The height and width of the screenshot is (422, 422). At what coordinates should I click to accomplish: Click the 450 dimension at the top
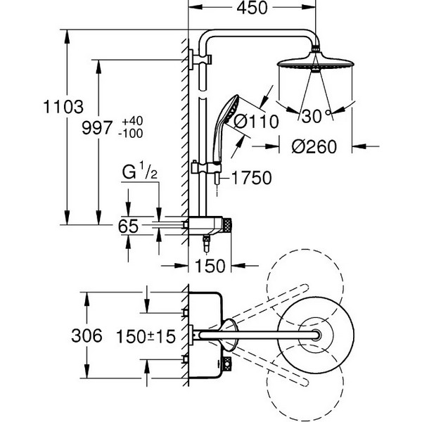pos(252,8)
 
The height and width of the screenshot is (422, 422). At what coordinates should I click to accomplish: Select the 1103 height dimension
pos(63,107)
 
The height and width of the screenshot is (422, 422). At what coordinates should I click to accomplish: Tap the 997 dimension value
pos(97,127)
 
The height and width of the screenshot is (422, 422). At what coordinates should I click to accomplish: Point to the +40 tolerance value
pos(132,121)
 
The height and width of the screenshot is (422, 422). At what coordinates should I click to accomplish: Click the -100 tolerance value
pos(131,134)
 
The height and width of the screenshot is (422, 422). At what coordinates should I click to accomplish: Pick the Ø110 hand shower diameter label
pos(256,122)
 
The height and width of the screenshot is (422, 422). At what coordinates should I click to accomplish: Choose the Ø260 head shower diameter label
pos(314,147)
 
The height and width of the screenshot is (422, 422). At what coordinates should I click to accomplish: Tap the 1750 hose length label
pos(251,178)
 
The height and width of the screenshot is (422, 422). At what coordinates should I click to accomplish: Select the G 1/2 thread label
pos(140,172)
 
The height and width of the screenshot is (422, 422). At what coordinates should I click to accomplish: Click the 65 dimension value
pos(128,226)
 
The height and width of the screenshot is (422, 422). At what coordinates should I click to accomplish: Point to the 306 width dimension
pos(87,335)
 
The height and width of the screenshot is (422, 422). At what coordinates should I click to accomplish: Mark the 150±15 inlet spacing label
pos(146,336)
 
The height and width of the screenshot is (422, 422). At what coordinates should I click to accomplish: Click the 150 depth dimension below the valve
pos(210,266)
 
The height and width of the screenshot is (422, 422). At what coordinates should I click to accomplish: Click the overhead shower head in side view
pos(315,63)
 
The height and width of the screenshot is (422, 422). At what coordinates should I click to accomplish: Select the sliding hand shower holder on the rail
pos(206,167)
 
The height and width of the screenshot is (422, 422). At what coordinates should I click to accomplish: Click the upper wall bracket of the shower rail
pos(200,60)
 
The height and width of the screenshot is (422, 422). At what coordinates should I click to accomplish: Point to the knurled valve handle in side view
pos(227,225)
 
